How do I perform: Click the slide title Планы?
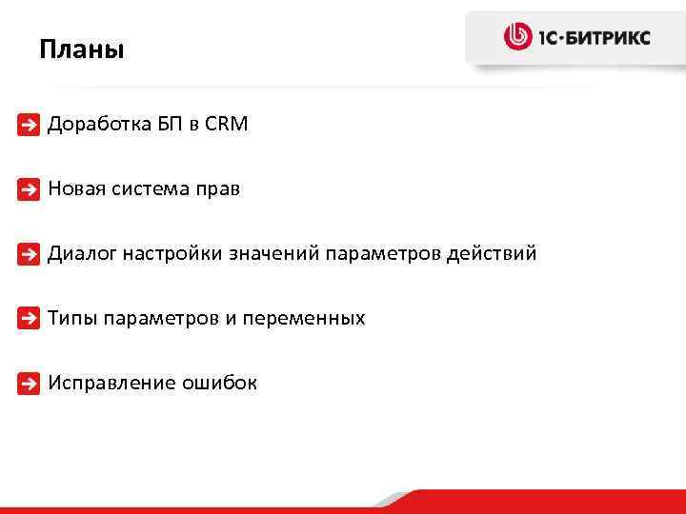tap(82, 49)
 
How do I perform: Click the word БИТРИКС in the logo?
tap(608, 38)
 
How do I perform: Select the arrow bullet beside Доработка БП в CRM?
tap(30, 125)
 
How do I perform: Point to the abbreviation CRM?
tap(226, 124)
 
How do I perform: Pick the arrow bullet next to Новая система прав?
tap(30, 189)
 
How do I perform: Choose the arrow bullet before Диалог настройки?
tap(30, 254)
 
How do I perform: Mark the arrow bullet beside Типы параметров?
tap(30, 319)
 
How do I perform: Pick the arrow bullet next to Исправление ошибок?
tap(30, 384)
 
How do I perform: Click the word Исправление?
tap(106, 383)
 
